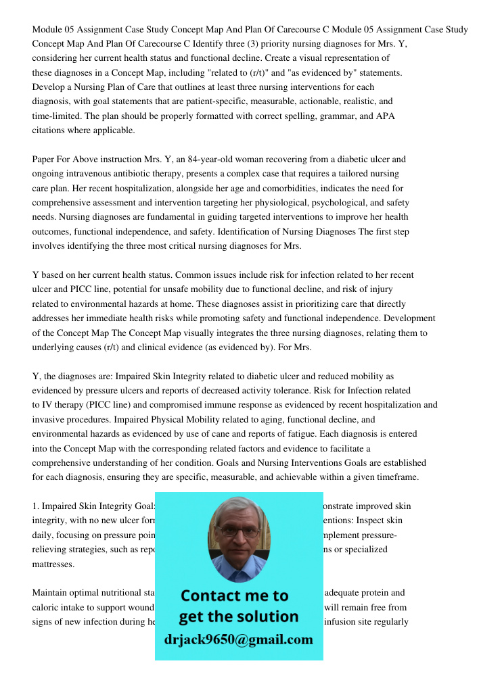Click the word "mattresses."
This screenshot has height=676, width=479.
tap(53, 564)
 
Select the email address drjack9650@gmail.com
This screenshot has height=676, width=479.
tap(239, 639)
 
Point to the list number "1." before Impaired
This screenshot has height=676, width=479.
tap(37, 506)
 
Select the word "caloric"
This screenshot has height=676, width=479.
tap(46, 608)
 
